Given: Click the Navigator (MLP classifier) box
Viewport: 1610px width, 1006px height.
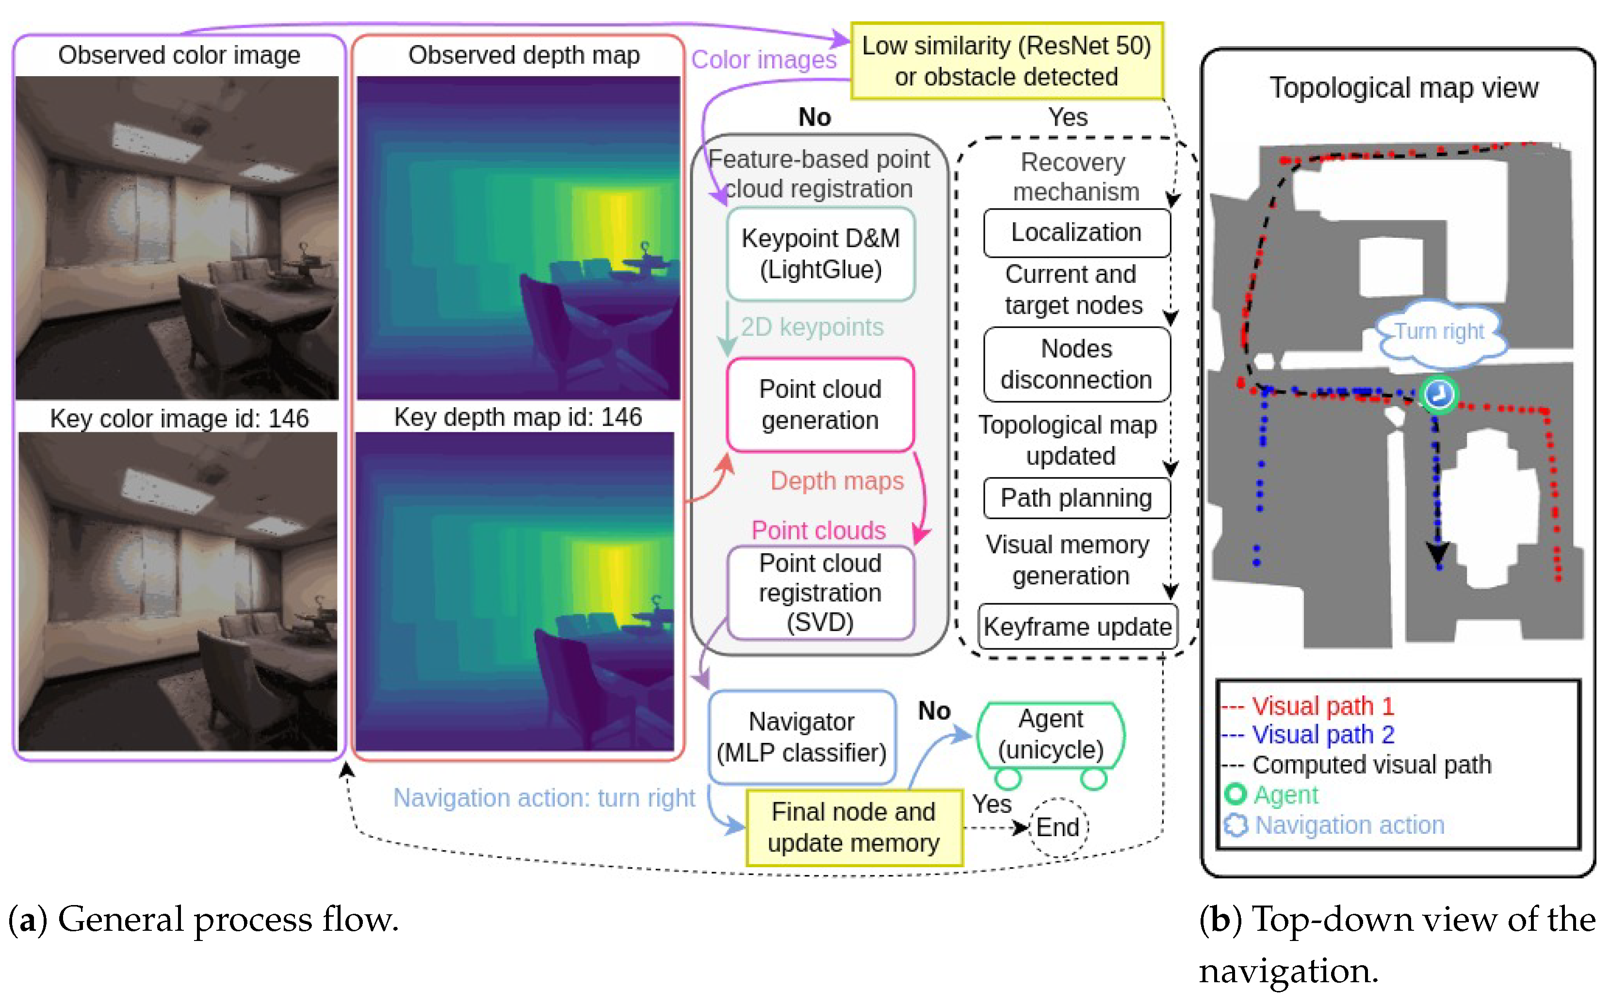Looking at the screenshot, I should click(x=801, y=737).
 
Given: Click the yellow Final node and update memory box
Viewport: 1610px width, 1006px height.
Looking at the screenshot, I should click(x=853, y=827).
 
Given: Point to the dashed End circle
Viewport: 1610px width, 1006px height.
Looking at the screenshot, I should click(x=1058, y=827).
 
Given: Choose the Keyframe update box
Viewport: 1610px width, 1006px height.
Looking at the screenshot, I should click(x=1077, y=626).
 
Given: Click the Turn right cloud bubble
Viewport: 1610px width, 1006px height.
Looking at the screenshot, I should click(x=1439, y=332).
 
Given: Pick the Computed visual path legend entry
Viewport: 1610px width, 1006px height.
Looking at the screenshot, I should click(x=1370, y=764).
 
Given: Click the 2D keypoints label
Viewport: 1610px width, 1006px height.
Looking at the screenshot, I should click(x=812, y=327).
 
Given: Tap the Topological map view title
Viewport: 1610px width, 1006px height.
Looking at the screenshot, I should click(x=1403, y=88).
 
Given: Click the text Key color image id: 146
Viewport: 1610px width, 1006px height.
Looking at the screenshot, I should click(x=179, y=418).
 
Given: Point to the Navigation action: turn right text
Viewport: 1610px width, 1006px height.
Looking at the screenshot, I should click(x=543, y=797).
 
